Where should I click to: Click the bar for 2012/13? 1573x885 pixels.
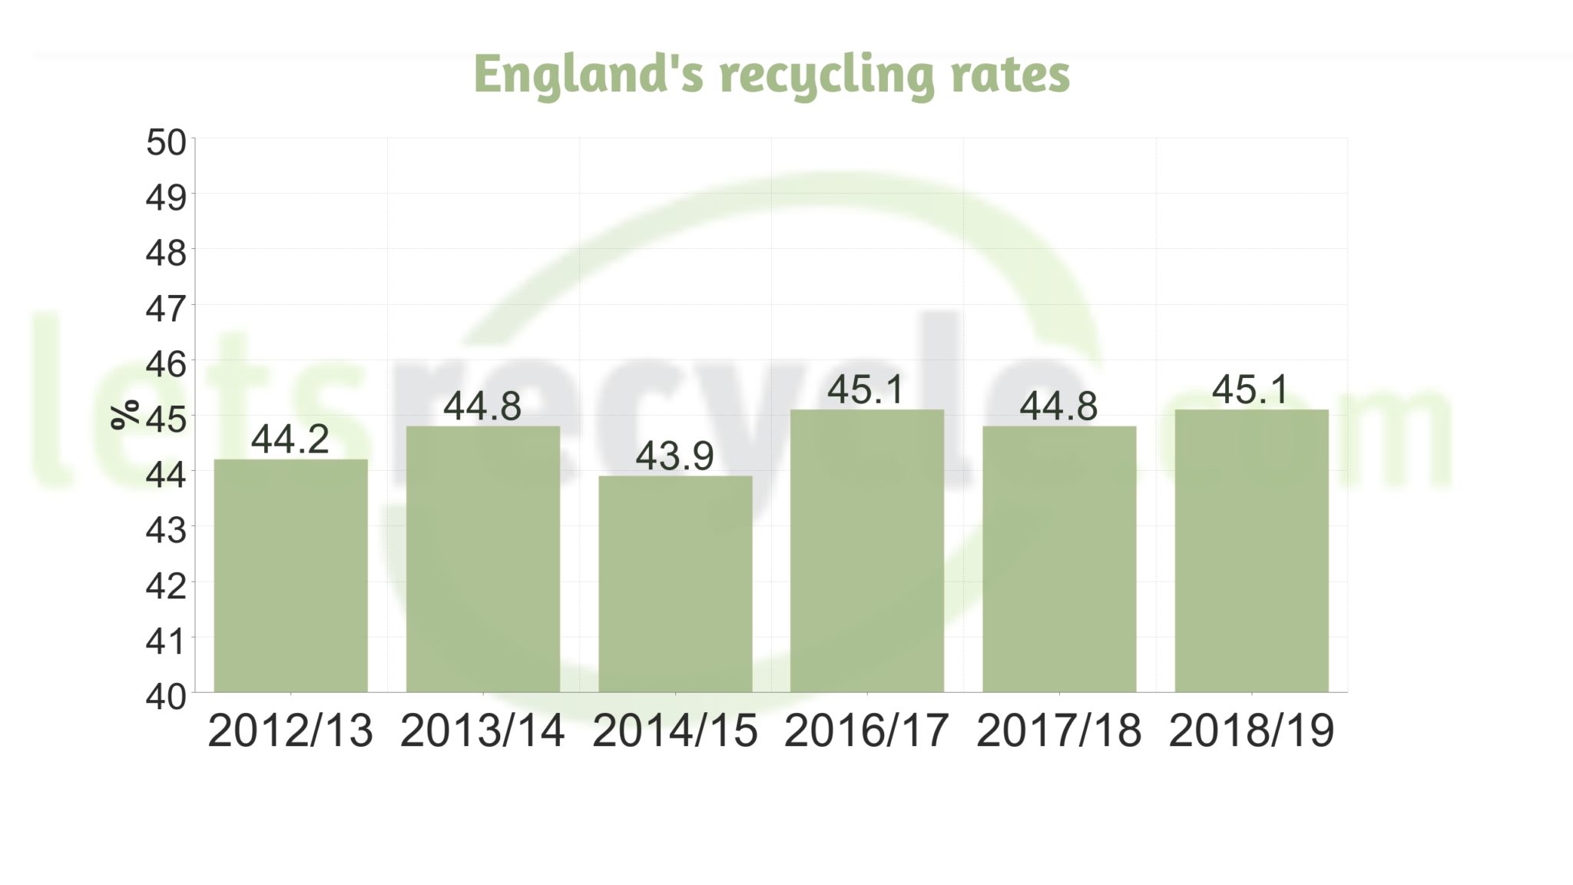click(x=290, y=575)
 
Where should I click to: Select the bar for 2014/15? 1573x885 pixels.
click(x=675, y=584)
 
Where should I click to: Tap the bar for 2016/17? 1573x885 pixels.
click(x=867, y=551)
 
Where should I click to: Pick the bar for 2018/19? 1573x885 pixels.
click(x=1251, y=551)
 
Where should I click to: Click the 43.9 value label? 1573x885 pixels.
click(x=674, y=456)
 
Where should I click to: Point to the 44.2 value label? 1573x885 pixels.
click(x=290, y=439)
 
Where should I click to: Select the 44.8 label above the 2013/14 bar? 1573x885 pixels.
click(x=482, y=406)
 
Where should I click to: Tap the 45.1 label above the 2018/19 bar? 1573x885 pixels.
click(x=1250, y=389)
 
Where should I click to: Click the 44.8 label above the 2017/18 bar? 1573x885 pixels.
click(x=1058, y=406)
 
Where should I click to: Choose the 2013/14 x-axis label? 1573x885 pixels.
click(x=482, y=731)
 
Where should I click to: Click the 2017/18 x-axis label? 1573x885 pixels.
click(x=1058, y=731)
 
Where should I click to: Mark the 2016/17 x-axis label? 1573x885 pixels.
click(x=866, y=731)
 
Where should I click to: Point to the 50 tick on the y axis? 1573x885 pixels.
click(x=166, y=143)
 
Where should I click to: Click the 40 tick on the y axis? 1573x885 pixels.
click(x=166, y=696)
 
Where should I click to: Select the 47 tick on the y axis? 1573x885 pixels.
click(x=166, y=309)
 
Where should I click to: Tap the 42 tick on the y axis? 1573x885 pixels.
click(x=166, y=586)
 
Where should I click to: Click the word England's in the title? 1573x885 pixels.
click(x=588, y=75)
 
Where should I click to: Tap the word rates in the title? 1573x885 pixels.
click(x=1010, y=75)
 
